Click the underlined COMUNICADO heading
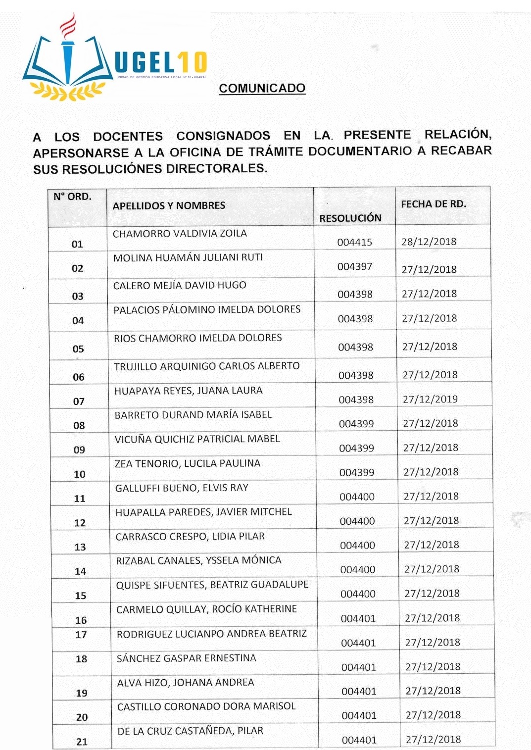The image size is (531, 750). [x=262, y=88]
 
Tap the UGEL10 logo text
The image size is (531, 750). [x=160, y=63]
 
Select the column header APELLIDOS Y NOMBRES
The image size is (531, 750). [x=169, y=205]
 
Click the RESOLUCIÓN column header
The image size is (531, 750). [x=350, y=218]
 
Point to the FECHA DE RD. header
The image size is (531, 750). [x=434, y=203]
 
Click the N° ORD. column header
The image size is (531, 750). [x=72, y=197]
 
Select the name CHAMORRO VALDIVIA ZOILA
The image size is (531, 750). [x=180, y=233]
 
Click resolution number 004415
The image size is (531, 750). [x=354, y=242]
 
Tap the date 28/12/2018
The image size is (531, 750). [x=429, y=242]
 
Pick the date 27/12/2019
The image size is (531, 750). [x=430, y=399]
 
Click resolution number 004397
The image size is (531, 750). [x=355, y=267]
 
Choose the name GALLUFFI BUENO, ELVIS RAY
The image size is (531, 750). [x=182, y=488]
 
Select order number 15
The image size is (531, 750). [x=80, y=596]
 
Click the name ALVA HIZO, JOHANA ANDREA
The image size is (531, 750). [x=186, y=682]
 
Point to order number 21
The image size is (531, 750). [x=82, y=742]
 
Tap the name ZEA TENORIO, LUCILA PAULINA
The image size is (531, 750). [x=188, y=463]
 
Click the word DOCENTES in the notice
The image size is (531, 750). [x=128, y=136]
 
